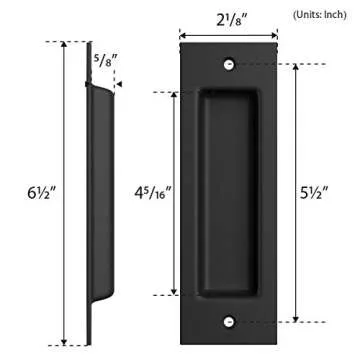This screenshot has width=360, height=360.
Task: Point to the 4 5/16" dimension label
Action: [x=150, y=190]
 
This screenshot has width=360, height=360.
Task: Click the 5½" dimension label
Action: [x=322, y=190]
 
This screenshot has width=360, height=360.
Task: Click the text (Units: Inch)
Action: [x=319, y=15]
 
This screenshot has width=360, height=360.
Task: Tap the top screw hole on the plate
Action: [x=229, y=63]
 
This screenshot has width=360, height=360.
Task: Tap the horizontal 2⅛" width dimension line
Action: [x=229, y=31]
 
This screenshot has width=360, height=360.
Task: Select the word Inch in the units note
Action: [x=335, y=15]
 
